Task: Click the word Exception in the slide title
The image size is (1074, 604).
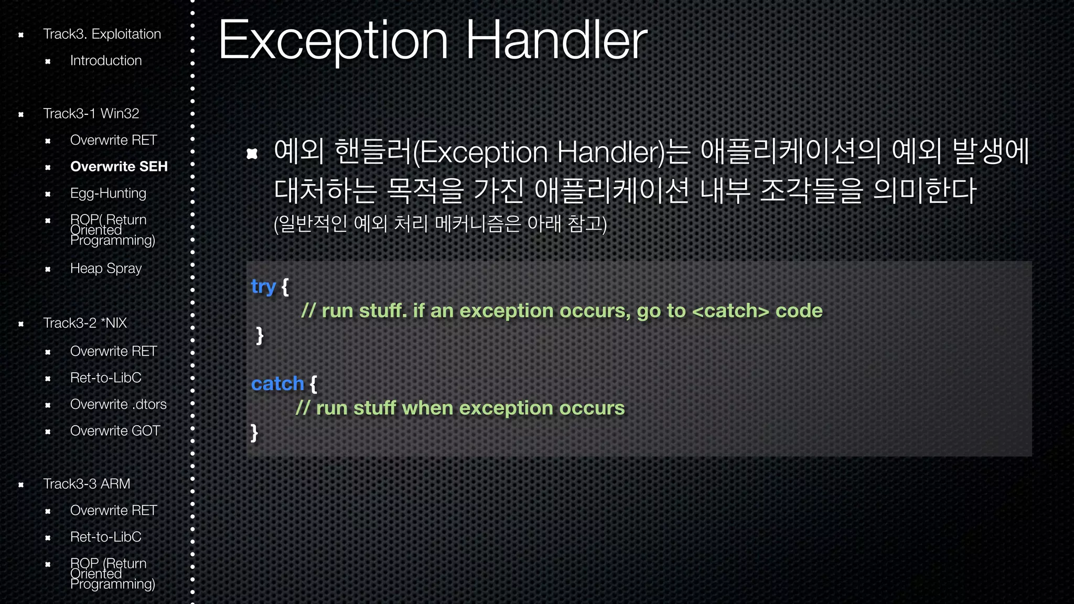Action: (334, 41)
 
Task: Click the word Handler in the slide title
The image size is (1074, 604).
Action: (556, 41)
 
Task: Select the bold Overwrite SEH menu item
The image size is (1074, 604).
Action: (119, 167)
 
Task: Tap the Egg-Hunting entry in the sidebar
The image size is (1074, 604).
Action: (108, 193)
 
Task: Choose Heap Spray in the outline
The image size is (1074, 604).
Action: (106, 268)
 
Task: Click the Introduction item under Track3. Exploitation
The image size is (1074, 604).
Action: (106, 61)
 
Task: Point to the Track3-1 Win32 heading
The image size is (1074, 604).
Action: (91, 114)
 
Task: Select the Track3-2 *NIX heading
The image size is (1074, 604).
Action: (85, 323)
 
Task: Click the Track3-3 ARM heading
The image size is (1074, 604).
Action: (87, 484)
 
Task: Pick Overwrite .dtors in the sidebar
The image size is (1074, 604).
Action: (118, 405)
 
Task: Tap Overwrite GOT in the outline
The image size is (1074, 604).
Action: (115, 431)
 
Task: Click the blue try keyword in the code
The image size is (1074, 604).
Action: (263, 287)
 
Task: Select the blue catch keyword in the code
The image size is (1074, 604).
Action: (277, 384)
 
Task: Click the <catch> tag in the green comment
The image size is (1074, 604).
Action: (731, 311)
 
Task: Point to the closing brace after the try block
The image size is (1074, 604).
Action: (260, 335)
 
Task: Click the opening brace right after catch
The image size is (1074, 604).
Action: (313, 384)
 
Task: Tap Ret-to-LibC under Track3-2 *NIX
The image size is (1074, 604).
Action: (105, 378)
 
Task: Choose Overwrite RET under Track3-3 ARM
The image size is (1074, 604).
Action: (113, 511)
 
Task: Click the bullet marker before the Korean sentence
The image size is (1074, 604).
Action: (252, 153)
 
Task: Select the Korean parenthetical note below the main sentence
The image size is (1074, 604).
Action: (440, 224)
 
